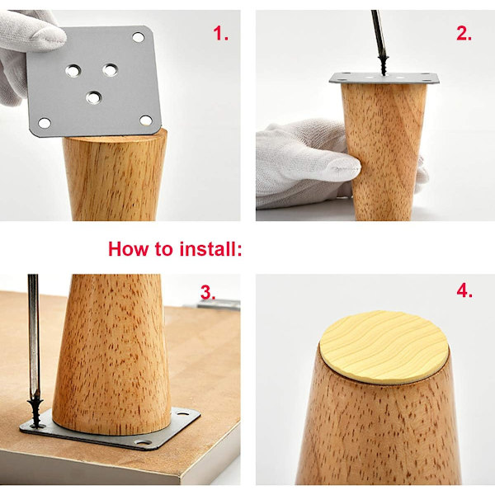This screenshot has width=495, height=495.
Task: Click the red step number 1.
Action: (220, 33)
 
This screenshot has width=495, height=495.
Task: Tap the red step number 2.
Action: (464, 33)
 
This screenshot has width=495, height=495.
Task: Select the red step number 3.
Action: (208, 292)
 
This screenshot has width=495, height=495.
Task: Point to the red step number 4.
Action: (464, 290)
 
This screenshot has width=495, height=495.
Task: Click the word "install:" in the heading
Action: (210, 249)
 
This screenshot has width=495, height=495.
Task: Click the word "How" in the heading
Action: (128, 249)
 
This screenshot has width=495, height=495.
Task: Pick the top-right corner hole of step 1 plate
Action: (139, 37)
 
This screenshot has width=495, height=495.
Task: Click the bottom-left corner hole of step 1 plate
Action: (45, 123)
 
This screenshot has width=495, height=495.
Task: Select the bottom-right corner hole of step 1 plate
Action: (146, 120)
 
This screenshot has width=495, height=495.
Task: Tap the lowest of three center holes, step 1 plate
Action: (94, 97)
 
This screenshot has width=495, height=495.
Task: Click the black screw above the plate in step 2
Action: (384, 66)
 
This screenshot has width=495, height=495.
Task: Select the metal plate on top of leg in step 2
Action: (384, 78)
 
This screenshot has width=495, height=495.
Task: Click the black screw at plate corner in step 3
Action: (36, 414)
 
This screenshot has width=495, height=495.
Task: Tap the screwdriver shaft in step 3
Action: (34, 335)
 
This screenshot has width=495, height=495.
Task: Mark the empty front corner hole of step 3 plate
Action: (143, 442)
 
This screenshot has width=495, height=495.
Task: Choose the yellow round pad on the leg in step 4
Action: (384, 346)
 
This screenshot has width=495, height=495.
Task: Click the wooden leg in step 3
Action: (113, 354)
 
